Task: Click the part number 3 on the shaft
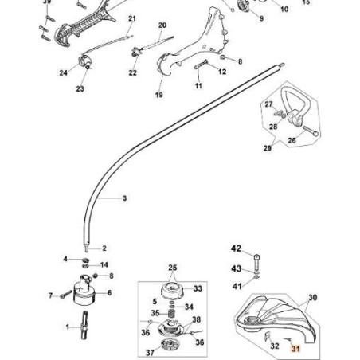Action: coord(124,197)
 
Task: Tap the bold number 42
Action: coord(235,248)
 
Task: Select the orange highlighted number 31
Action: coord(295,346)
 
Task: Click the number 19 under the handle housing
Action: coord(158,96)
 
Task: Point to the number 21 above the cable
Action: coord(132,18)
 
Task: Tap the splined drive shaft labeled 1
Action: coord(84,327)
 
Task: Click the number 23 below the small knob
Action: coord(80,89)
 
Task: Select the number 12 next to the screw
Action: coord(221,71)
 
